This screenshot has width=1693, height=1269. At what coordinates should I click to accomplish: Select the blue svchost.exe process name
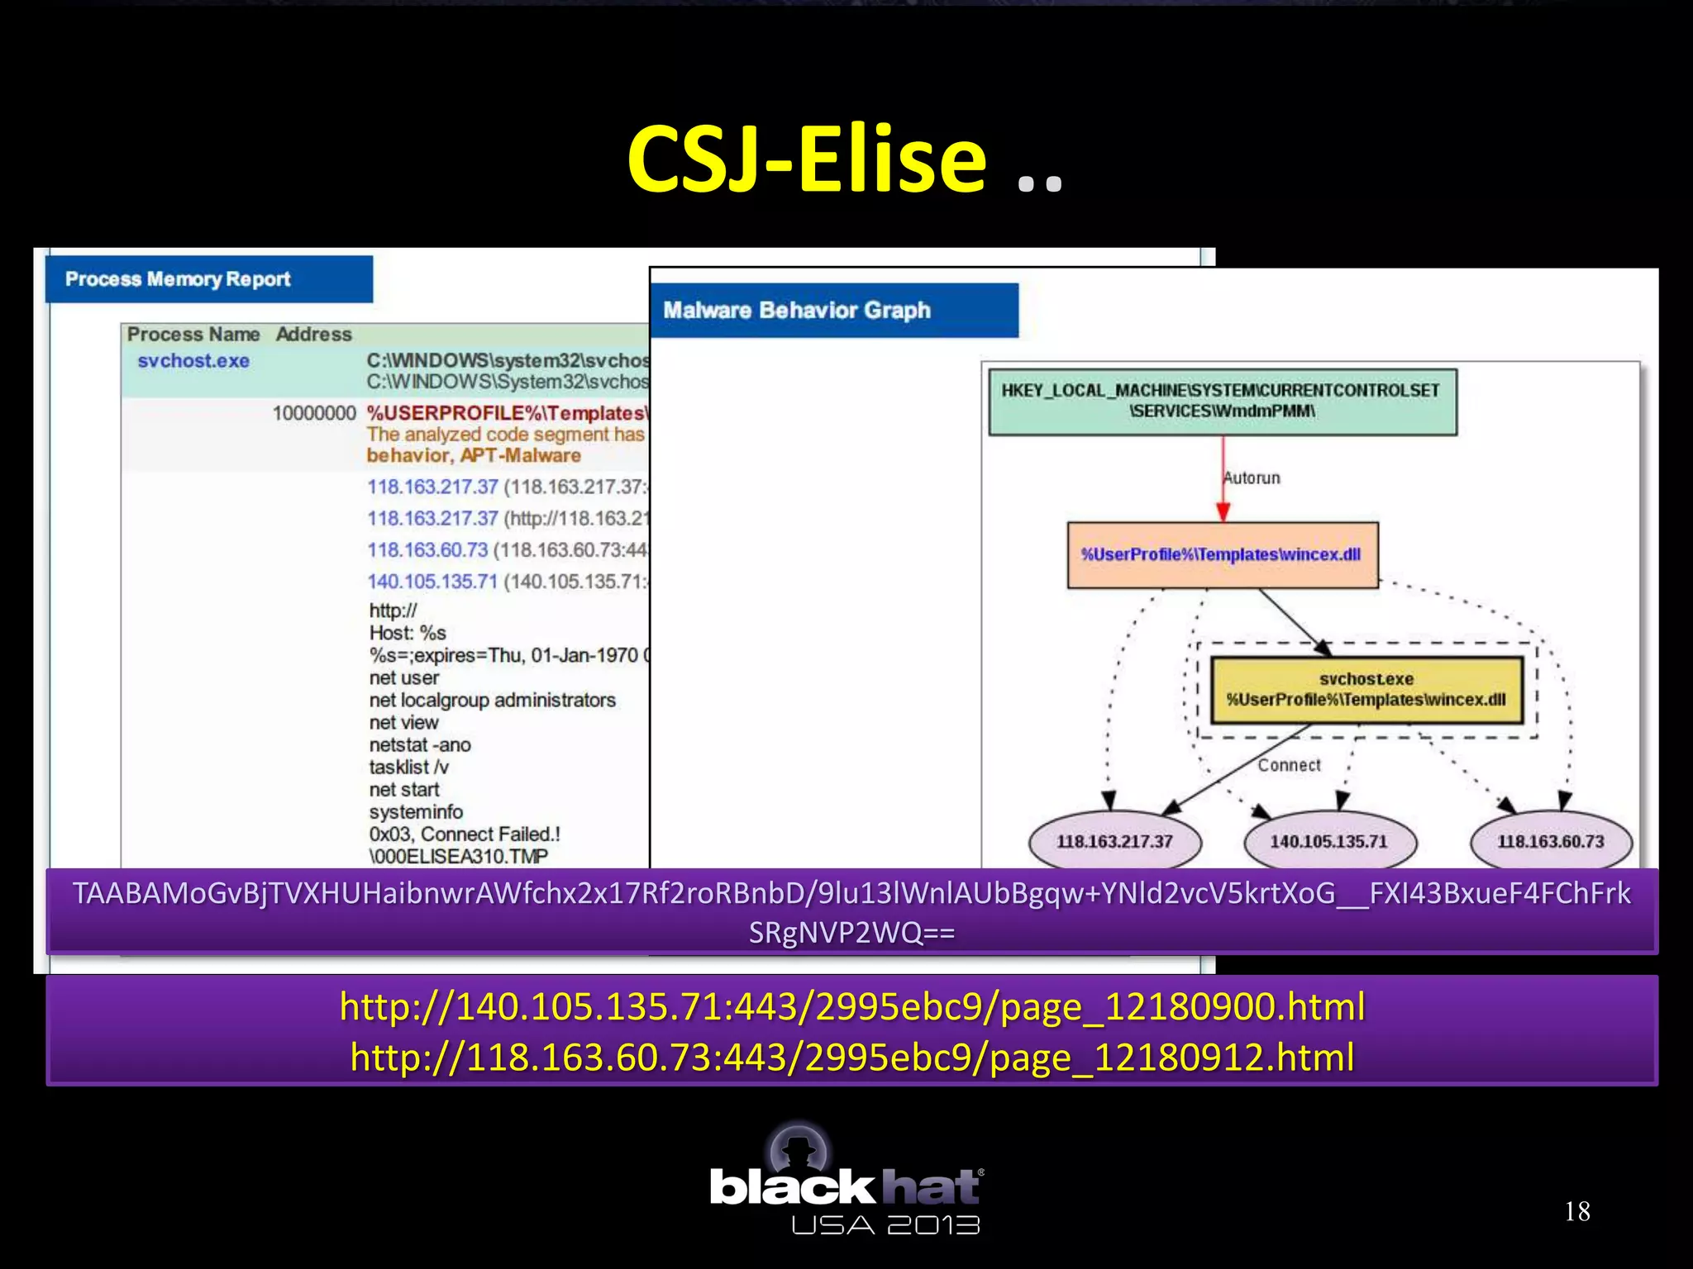pyautogui.click(x=193, y=361)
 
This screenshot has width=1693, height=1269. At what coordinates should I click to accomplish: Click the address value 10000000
pyautogui.click(x=313, y=413)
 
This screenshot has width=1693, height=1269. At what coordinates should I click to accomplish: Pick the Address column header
pyautogui.click(x=313, y=335)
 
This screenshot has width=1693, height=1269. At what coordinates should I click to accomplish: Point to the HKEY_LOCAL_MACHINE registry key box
pyautogui.click(x=1222, y=402)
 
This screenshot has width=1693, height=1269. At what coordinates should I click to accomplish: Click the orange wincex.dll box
pyautogui.click(x=1222, y=554)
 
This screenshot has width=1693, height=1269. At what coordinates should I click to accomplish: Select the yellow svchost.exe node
pyautogui.click(x=1366, y=690)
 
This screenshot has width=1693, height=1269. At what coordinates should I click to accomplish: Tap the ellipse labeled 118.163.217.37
pyautogui.click(x=1114, y=842)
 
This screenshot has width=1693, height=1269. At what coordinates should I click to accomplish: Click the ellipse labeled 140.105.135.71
pyautogui.click(x=1328, y=842)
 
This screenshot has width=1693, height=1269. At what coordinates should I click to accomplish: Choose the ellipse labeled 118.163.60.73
pyautogui.click(x=1550, y=842)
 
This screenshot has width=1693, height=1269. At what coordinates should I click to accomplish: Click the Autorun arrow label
pyautogui.click(x=1252, y=478)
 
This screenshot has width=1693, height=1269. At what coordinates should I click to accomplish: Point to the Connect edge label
pyautogui.click(x=1289, y=766)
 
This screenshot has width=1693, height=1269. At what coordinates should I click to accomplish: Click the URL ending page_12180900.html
pyautogui.click(x=851, y=1007)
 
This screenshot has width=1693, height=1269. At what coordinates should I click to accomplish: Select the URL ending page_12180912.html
pyautogui.click(x=851, y=1057)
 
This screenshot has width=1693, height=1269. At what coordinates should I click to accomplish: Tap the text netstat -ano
pyautogui.click(x=420, y=745)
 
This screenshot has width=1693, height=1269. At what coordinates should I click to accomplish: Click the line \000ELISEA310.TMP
pyautogui.click(x=458, y=857)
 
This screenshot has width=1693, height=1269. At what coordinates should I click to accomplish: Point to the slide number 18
pyautogui.click(x=1576, y=1212)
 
